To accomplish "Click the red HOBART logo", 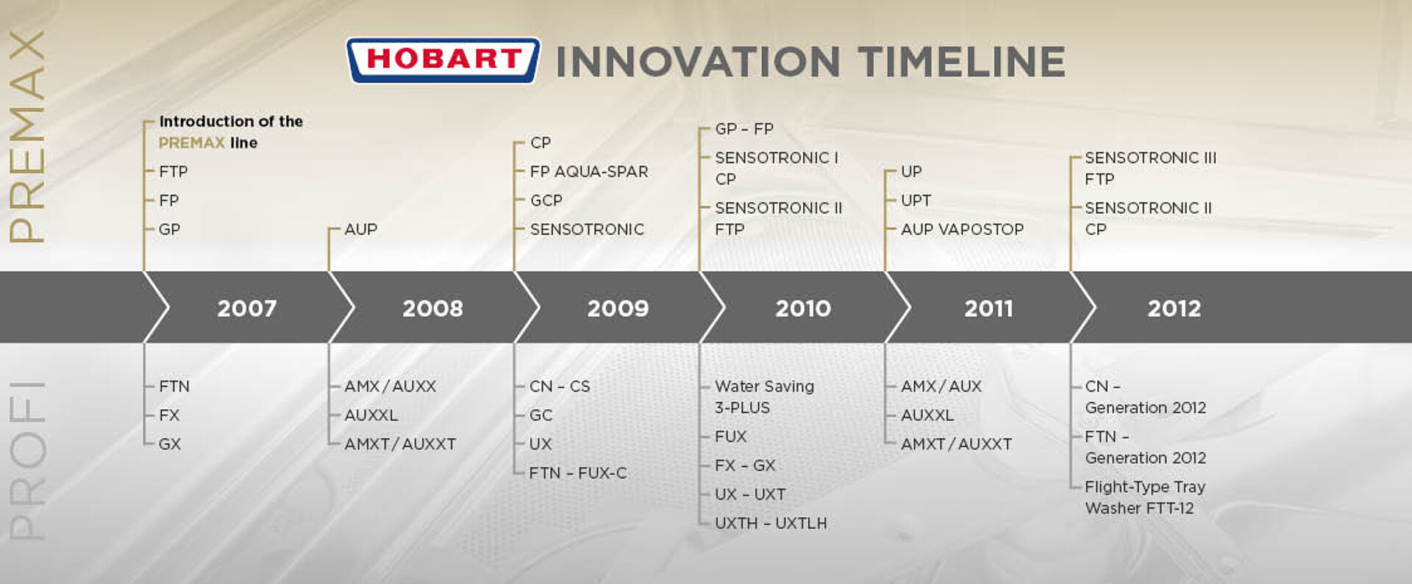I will point(443,60).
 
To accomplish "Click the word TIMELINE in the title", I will point(961,62).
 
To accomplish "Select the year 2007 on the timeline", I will point(246,309).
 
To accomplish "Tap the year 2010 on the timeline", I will point(802,309).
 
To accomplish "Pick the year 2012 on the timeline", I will point(1174,309).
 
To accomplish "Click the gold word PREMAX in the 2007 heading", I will point(191,143).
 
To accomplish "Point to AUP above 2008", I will point(360,230).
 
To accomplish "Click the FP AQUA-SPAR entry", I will point(588,172).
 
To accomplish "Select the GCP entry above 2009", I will point(546,201).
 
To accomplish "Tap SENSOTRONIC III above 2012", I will point(1150,158).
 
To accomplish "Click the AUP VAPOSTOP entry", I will point(962,230).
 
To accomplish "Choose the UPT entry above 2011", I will point(916,201).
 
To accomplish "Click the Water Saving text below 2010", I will point(764,386).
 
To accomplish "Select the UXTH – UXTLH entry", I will point(770,524).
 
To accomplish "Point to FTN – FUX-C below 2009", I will point(577,473).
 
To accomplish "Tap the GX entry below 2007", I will point(169,444).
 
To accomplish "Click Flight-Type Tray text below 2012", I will point(1144,487).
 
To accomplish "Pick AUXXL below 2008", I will point(371,415).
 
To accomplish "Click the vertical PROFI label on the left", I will point(27,461).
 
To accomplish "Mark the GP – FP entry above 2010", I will point(744,129).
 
